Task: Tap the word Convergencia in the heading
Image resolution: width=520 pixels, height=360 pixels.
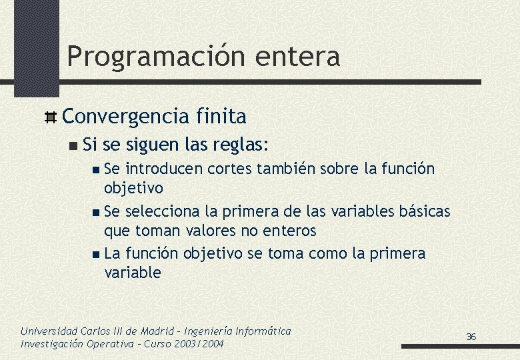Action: [x=125, y=117]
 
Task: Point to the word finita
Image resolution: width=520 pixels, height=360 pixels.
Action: [x=221, y=117]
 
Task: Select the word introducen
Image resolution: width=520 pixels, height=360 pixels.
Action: [x=164, y=169]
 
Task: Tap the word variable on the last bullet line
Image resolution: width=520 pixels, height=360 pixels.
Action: [x=133, y=273]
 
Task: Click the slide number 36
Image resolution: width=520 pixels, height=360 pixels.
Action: [x=471, y=337]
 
